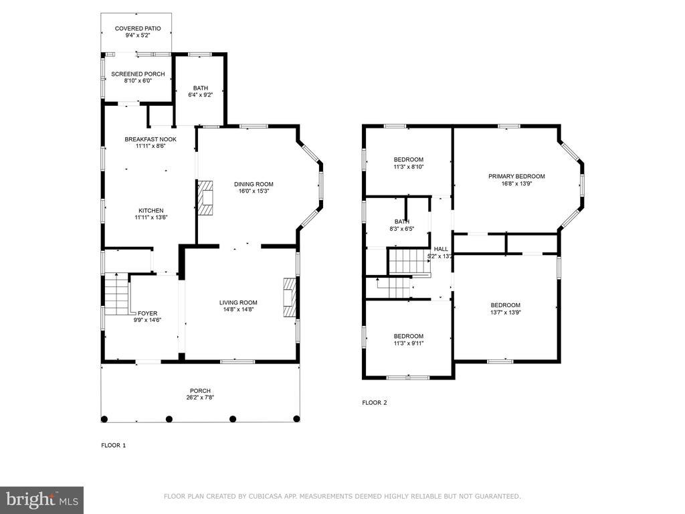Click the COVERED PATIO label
click(x=138, y=28)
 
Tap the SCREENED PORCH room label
click(x=138, y=74)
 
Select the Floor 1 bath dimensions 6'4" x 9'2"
click(x=201, y=95)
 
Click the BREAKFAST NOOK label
click(x=151, y=139)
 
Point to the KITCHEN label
click(x=151, y=211)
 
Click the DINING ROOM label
click(x=254, y=184)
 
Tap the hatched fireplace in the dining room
click(x=205, y=197)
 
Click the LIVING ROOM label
click(x=238, y=303)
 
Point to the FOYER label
click(x=147, y=313)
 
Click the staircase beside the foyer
click(x=117, y=294)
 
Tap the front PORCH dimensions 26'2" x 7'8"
click(x=200, y=398)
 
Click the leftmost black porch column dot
click(x=104, y=419)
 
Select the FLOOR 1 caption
click(x=114, y=445)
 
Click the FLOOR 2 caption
click(x=375, y=403)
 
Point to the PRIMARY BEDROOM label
click(x=516, y=177)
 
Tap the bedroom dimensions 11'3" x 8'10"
click(x=409, y=167)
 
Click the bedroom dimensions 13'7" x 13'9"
click(x=506, y=313)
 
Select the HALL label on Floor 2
click(x=441, y=249)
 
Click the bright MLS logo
click(x=42, y=500)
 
